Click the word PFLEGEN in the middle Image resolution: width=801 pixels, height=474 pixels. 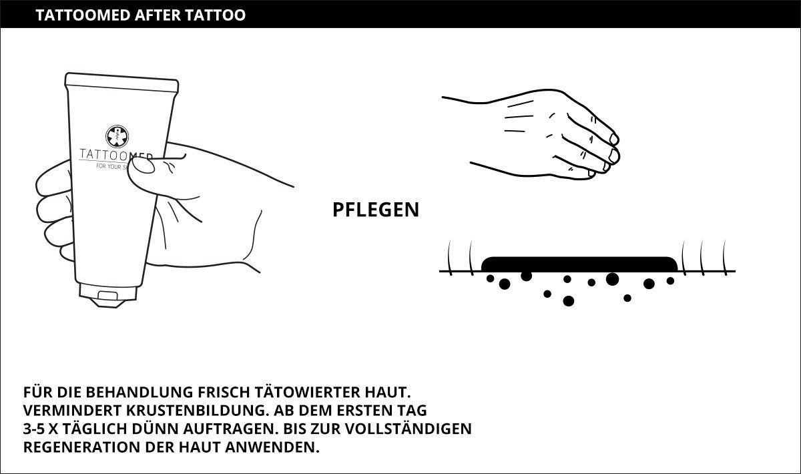376,210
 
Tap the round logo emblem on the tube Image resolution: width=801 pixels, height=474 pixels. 117,136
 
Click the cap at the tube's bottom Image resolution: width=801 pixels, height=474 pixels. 108,296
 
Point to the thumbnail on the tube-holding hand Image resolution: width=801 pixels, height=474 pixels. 144,166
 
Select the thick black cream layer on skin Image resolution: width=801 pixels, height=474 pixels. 579,264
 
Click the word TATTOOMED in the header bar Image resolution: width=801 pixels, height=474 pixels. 83,15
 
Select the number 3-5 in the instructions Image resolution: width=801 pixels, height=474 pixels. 33,429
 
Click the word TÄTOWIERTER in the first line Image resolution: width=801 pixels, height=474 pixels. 308,392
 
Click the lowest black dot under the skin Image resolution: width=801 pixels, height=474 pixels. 568,301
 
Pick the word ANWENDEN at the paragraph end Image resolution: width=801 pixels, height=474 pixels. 272,447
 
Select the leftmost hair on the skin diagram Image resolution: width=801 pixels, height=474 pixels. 449,258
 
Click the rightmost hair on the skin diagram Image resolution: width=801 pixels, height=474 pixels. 725,258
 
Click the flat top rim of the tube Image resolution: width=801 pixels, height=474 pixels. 121,82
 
